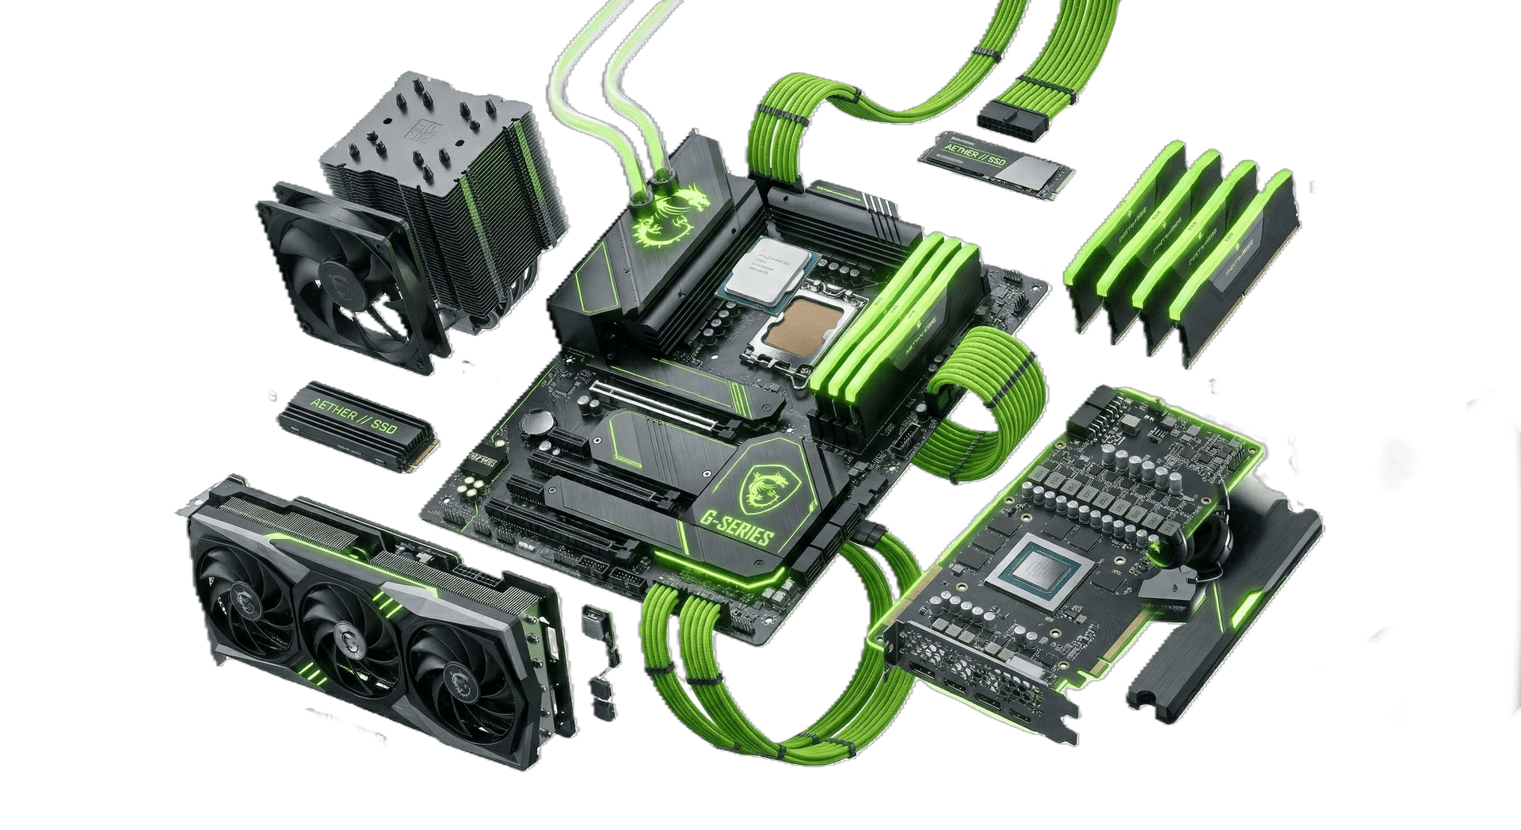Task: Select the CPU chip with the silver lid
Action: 768,270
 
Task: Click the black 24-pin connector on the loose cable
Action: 1008,120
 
